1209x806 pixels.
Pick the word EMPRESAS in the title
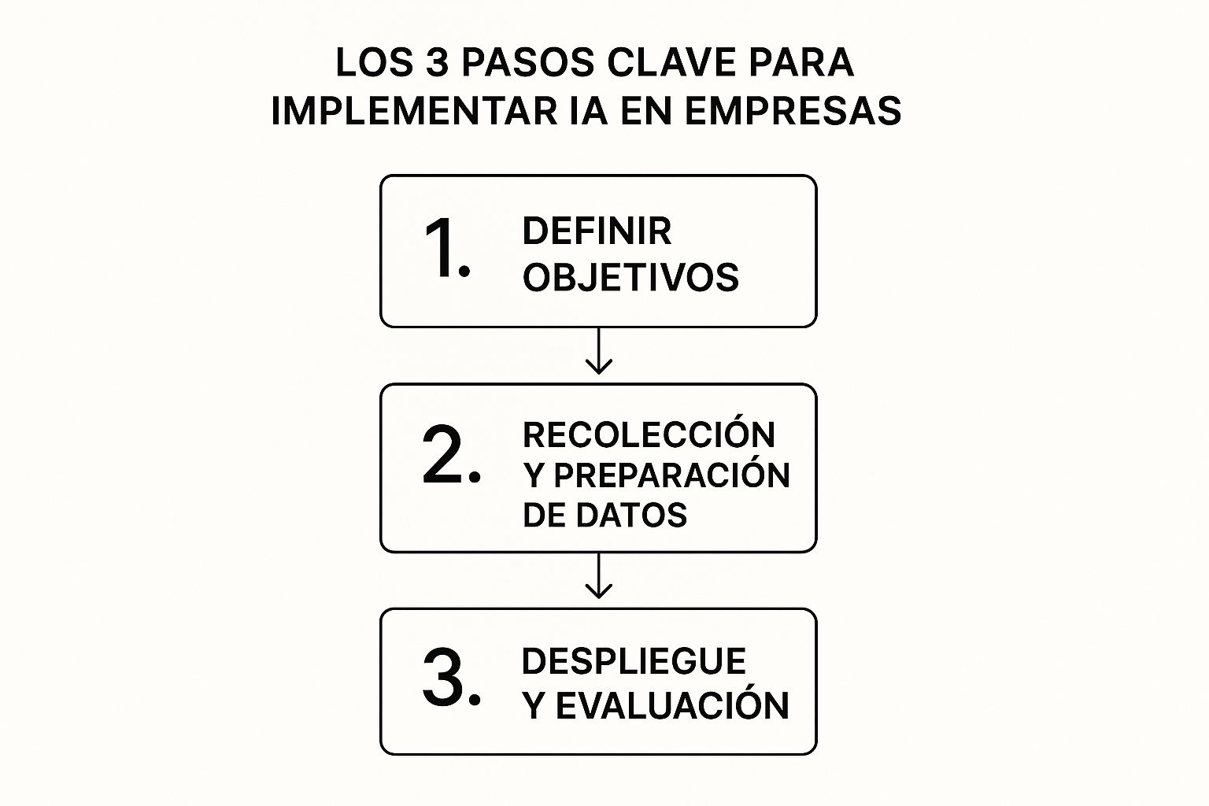click(793, 111)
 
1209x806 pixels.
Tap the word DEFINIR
click(597, 231)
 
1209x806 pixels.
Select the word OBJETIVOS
click(630, 278)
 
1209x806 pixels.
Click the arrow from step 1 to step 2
click(599, 352)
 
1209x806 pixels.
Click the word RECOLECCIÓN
click(649, 434)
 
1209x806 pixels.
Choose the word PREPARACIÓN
click(671, 475)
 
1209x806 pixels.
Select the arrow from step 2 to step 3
click(599, 577)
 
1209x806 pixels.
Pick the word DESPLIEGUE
click(634, 661)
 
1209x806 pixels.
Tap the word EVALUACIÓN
click(672, 706)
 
